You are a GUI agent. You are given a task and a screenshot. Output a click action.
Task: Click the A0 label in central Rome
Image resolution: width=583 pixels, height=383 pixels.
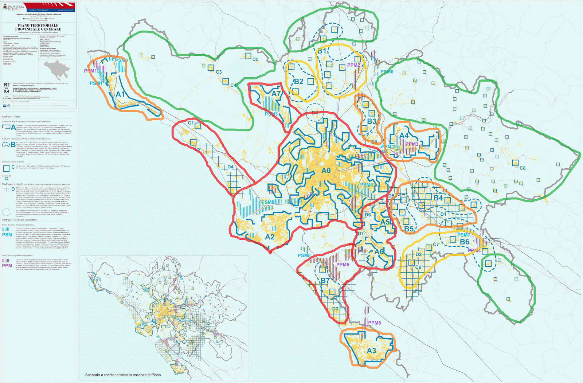click(x=326, y=171)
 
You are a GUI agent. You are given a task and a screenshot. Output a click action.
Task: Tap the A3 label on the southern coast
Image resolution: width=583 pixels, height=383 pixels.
click(x=371, y=351)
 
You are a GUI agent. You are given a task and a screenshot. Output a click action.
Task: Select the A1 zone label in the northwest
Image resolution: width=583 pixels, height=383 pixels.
click(x=120, y=94)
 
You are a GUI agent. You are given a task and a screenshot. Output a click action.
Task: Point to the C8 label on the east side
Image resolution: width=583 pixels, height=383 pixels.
click(x=522, y=168)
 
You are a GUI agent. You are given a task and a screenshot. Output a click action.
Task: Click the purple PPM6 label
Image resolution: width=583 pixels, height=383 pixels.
click(x=375, y=323)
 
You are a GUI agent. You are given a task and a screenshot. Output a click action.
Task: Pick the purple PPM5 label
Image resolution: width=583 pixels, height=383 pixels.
click(x=343, y=265)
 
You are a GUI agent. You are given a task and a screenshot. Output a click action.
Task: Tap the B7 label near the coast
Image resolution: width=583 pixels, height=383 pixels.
click(x=325, y=281)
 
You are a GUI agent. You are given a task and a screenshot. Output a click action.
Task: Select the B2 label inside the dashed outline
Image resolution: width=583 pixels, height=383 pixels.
click(x=298, y=82)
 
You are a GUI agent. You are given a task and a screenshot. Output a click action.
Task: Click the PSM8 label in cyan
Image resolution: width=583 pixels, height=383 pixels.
click(x=304, y=255)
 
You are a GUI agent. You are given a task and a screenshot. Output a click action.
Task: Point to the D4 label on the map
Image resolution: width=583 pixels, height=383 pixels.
click(x=230, y=167)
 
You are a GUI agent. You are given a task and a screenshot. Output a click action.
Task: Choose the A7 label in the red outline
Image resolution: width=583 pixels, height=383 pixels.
click(x=276, y=94)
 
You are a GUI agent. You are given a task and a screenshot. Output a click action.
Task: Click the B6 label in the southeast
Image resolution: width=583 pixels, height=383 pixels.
click(x=464, y=242)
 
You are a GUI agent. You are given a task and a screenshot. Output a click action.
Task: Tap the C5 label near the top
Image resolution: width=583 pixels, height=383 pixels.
click(x=255, y=59)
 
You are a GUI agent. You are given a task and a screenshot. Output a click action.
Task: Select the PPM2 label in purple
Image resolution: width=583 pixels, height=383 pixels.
click(x=353, y=65)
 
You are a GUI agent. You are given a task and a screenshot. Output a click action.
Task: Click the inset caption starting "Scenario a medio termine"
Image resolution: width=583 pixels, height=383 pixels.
click(x=123, y=375)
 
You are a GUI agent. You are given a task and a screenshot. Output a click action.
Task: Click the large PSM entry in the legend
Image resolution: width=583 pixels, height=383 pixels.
click(x=7, y=235)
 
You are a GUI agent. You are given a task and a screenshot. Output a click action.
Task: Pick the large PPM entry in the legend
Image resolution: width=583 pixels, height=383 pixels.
click(x=7, y=266)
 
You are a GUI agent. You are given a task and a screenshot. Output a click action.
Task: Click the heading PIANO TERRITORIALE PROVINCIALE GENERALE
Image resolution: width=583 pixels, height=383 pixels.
click(x=38, y=27)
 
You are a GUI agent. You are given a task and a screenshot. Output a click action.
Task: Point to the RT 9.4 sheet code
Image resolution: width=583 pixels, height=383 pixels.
click(x=7, y=88)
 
